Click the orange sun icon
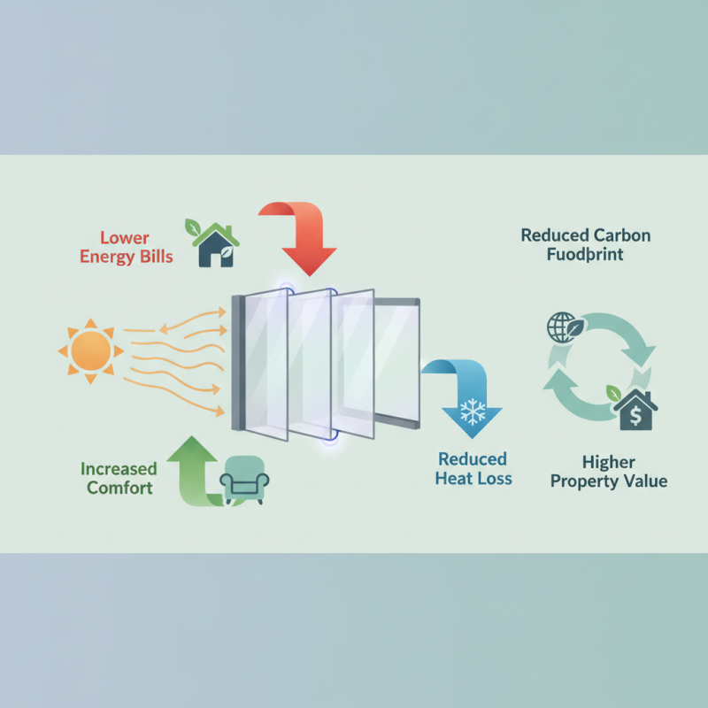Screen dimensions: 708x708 pyautogui.click(x=88, y=351)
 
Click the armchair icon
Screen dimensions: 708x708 pyautogui.click(x=243, y=478)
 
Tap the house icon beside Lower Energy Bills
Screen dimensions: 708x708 pyautogui.click(x=215, y=245)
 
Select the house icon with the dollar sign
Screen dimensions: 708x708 pyautogui.click(x=633, y=410)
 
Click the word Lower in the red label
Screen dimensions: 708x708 pyautogui.click(x=126, y=237)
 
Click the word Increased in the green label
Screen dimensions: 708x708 pyautogui.click(x=119, y=468)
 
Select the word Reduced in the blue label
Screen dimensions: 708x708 pyautogui.click(x=472, y=459)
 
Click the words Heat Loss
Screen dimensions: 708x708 pyautogui.click(x=473, y=479)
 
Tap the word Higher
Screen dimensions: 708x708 pyautogui.click(x=609, y=461)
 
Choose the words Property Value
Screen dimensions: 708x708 pyautogui.click(x=609, y=481)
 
